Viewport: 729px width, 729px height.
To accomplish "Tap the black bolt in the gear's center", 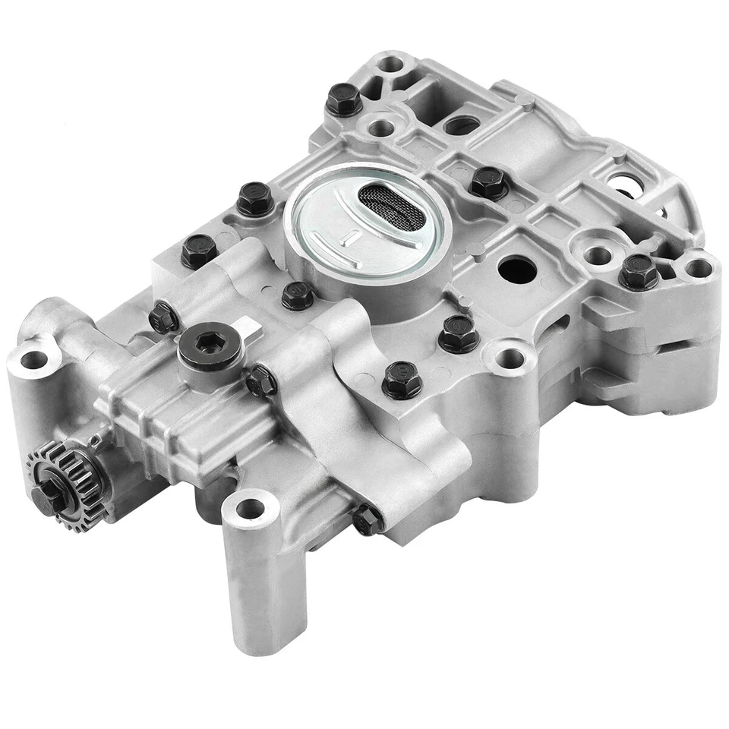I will click(44, 494).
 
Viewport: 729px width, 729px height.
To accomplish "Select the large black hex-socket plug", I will click(210, 349).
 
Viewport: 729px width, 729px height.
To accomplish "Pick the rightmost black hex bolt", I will click(638, 272).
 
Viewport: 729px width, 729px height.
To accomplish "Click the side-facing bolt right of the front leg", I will click(366, 518).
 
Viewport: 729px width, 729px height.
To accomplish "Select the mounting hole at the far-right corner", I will click(699, 268).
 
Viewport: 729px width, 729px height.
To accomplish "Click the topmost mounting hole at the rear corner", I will click(392, 65).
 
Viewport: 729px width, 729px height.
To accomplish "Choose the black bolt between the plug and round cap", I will click(296, 295).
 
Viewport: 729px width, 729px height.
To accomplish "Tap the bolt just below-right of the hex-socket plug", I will click(260, 380).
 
